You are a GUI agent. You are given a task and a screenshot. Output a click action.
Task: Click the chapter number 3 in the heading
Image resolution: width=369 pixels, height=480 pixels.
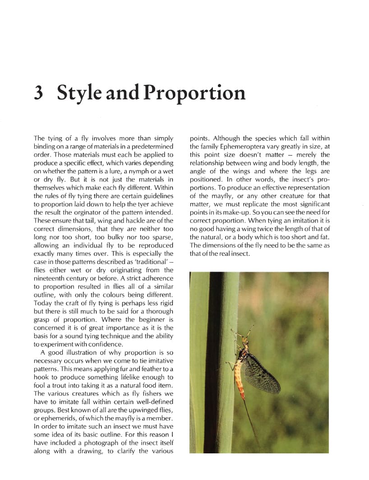tap(39, 93)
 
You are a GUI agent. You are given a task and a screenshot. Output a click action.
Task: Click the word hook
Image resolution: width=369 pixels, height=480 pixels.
tap(42, 377)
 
